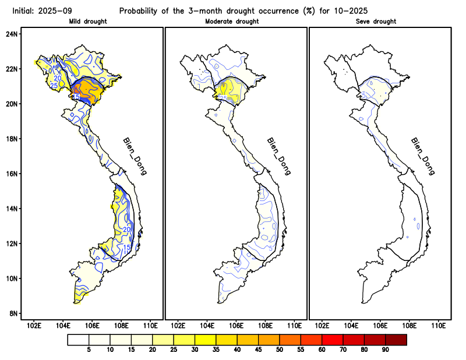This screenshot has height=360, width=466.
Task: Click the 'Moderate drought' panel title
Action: (232, 22)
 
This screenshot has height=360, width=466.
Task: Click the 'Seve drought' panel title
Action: (376, 22)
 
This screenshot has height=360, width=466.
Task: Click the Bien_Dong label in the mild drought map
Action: (135, 156)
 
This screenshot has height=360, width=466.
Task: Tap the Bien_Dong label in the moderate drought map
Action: (278, 156)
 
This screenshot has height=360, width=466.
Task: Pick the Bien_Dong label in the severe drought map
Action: (423, 156)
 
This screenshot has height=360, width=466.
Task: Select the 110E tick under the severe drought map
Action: (438, 325)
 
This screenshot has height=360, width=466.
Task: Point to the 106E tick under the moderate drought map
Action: (236, 325)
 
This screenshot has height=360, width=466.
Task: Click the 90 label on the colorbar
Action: (385, 350)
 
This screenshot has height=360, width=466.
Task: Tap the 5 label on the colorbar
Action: (89, 350)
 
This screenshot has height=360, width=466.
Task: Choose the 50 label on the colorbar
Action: (279, 350)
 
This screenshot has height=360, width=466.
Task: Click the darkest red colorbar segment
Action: (396, 339)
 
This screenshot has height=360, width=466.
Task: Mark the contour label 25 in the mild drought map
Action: (54, 86)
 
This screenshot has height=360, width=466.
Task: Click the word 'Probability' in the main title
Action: (140, 10)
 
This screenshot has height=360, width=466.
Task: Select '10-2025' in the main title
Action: (352, 10)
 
